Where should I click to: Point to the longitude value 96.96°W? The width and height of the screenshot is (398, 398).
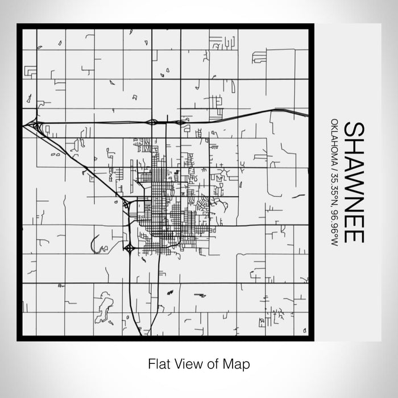(x=334, y=227)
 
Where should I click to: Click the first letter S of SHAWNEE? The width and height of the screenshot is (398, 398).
(x=353, y=129)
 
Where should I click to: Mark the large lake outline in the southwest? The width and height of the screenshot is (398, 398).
(x=103, y=307)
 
